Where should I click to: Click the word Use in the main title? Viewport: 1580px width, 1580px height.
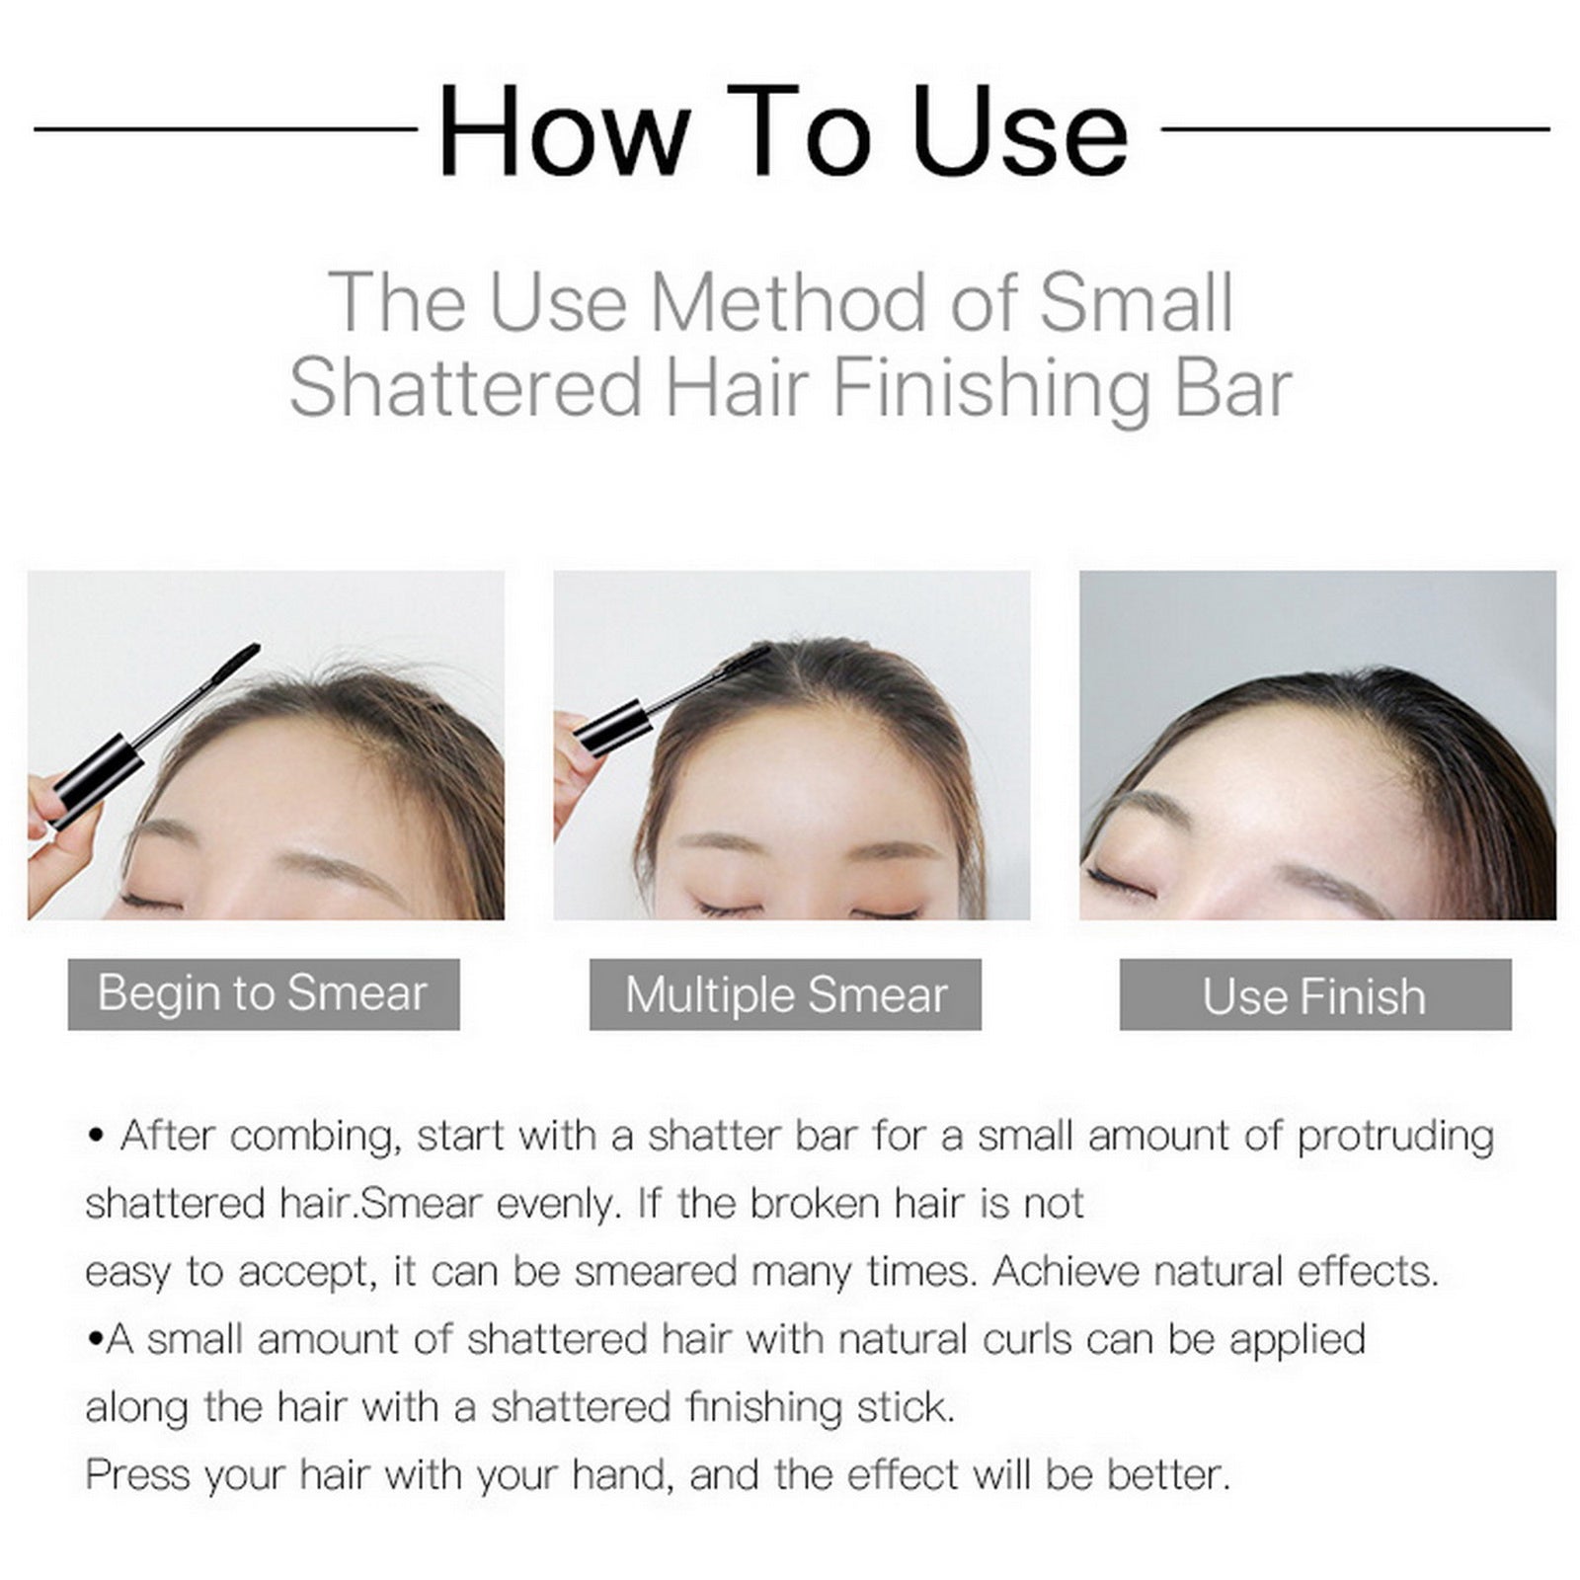[x=1020, y=131]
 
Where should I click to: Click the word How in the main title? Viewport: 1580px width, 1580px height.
[x=564, y=131]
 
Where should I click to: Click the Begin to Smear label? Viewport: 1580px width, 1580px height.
[x=263, y=993]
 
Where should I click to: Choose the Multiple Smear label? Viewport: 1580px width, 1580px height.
[x=785, y=993]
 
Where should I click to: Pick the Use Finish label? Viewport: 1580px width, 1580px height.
[x=1315, y=993]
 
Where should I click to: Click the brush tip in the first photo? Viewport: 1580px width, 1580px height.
[x=235, y=663]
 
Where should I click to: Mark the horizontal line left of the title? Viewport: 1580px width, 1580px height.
[x=225, y=128]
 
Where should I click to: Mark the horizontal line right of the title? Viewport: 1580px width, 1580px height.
[x=1356, y=128]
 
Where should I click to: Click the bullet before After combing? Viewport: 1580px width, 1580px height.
[x=96, y=1137]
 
